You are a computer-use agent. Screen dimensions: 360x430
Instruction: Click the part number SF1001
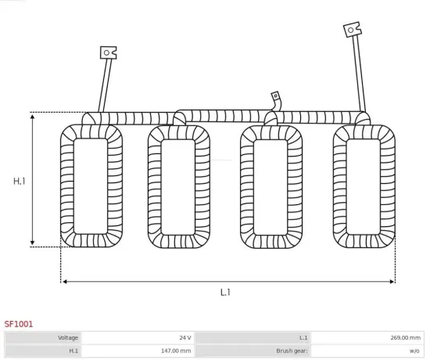19,322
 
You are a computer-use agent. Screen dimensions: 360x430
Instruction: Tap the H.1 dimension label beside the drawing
20,181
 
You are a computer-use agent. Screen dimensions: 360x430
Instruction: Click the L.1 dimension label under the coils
225,292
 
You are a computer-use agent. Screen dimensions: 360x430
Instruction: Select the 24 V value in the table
185,337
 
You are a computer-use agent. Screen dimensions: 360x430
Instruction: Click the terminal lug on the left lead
108,53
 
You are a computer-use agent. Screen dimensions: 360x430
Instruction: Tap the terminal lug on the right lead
352,30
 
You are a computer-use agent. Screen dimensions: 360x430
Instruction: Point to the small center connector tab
275,96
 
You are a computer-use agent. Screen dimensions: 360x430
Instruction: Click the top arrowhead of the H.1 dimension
32,117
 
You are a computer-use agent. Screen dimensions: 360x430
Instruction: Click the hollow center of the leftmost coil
91,186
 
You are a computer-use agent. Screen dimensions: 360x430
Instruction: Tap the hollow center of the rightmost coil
364,186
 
